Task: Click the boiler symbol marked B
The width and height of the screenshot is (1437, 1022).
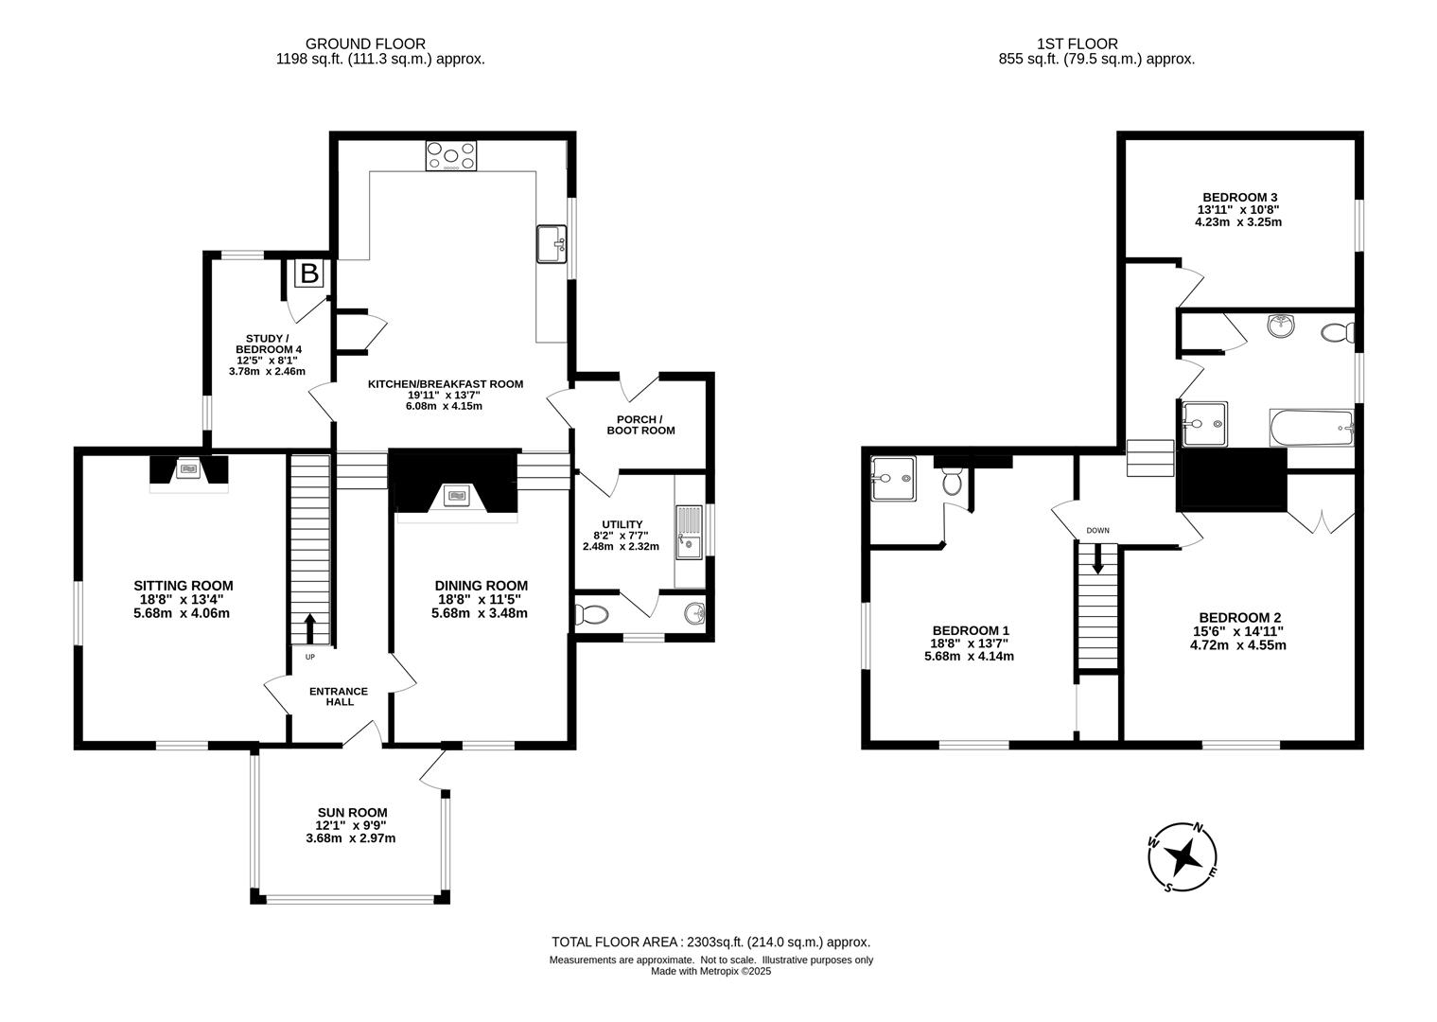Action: (x=309, y=273)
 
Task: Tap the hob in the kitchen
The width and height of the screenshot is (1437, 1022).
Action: (x=451, y=155)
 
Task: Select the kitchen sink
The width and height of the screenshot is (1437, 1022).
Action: (x=552, y=244)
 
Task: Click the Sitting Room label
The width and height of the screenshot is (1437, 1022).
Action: (x=184, y=586)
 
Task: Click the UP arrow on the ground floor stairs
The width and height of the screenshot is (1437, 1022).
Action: (x=310, y=628)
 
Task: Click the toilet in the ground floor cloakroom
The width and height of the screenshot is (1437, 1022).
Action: (x=591, y=615)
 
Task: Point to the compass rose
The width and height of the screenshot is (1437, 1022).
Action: (x=1183, y=857)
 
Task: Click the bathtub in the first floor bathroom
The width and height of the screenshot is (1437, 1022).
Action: (x=1311, y=428)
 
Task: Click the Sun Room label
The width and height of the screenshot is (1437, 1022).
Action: (x=352, y=812)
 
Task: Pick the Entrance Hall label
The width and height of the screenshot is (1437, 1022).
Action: (x=339, y=696)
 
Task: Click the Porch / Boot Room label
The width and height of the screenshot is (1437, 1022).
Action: (x=640, y=425)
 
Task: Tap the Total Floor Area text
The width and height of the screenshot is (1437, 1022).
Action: (x=710, y=942)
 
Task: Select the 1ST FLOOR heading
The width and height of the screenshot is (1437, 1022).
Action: (x=1078, y=44)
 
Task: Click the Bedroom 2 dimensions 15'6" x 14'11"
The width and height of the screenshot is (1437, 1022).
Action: (x=1237, y=631)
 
